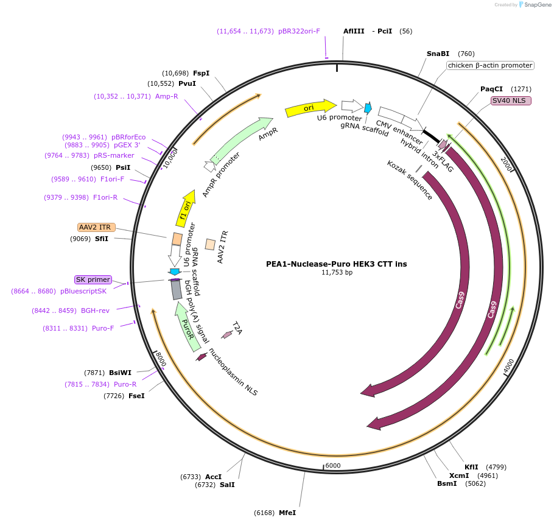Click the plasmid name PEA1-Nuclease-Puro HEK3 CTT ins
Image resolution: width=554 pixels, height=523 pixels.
pyautogui.click(x=336, y=264)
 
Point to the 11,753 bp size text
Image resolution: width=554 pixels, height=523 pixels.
pyautogui.click(x=336, y=273)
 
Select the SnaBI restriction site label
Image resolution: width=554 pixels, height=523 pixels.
pyautogui.click(x=438, y=54)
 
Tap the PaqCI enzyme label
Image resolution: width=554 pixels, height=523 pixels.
pyautogui.click(x=491, y=88)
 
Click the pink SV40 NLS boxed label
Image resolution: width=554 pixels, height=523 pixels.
pyautogui.click(x=511, y=100)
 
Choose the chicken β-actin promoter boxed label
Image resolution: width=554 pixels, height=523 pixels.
pyautogui.click(x=490, y=65)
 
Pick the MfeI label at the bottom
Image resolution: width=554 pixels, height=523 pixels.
pyautogui.click(x=287, y=513)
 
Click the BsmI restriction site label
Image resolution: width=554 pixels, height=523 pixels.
pyautogui.click(x=447, y=483)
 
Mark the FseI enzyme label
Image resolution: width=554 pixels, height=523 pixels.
pyautogui.click(x=136, y=396)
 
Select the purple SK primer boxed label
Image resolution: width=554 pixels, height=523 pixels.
pyautogui.click(x=93, y=279)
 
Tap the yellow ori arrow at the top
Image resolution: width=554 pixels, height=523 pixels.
pyautogui.click(x=310, y=108)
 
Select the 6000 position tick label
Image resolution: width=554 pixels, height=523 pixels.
pyautogui.click(x=333, y=466)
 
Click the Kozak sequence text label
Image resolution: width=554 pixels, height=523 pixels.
pyautogui.click(x=410, y=180)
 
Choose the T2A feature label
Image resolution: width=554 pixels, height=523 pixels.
pyautogui.click(x=237, y=329)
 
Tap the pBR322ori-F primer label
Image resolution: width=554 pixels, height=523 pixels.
pyautogui.click(x=299, y=31)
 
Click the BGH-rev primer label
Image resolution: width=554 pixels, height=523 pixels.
pyautogui.click(x=95, y=311)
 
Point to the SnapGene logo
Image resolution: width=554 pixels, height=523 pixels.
pyautogui.click(x=535, y=4)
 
